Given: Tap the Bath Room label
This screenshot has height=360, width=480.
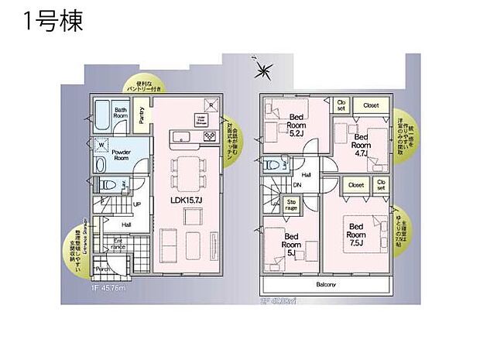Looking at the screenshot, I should (122, 114).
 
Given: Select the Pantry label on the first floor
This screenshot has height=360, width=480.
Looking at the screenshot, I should (142, 114).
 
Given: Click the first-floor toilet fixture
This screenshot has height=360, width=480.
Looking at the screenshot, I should (108, 185).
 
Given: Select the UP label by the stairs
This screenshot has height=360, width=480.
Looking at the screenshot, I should (137, 204).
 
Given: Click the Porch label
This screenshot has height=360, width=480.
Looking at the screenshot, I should (101, 269).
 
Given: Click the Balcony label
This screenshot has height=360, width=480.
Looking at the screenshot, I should (326, 284).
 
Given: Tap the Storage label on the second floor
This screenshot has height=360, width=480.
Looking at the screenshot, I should (291, 208).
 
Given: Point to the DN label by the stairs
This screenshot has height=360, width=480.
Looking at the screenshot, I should (297, 186).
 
